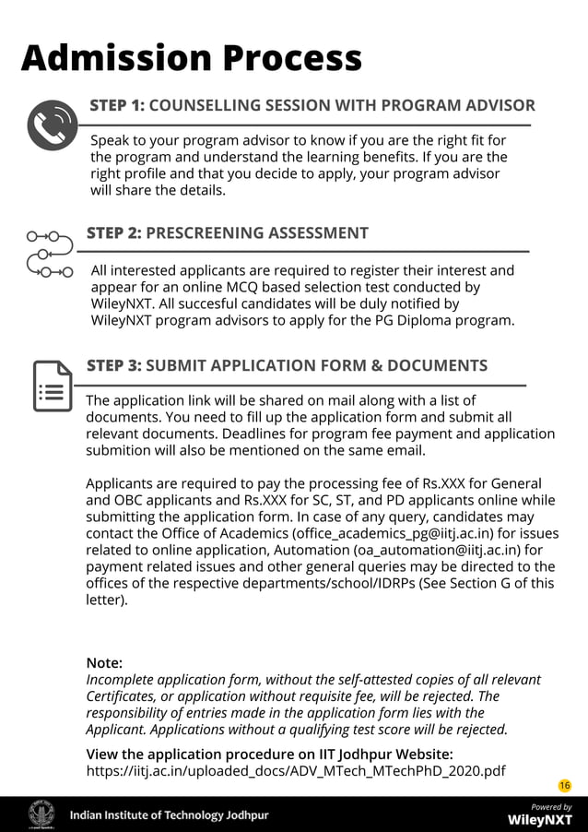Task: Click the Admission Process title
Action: click(x=191, y=58)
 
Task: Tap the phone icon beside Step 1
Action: click(x=53, y=125)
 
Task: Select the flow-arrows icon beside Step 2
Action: click(x=50, y=254)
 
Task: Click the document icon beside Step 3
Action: click(x=53, y=386)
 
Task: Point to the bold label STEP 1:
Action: click(x=116, y=105)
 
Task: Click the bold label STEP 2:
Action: click(x=113, y=233)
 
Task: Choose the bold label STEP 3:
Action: click(x=113, y=365)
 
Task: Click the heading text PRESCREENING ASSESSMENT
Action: click(x=257, y=233)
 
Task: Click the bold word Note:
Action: click(x=104, y=663)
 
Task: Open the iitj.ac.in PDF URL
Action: click(x=295, y=770)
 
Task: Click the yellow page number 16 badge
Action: click(x=565, y=785)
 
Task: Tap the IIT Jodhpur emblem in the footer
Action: click(x=41, y=814)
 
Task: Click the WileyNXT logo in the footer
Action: click(x=540, y=819)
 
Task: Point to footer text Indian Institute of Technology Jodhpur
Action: click(x=170, y=815)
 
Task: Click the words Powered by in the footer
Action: click(x=551, y=806)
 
